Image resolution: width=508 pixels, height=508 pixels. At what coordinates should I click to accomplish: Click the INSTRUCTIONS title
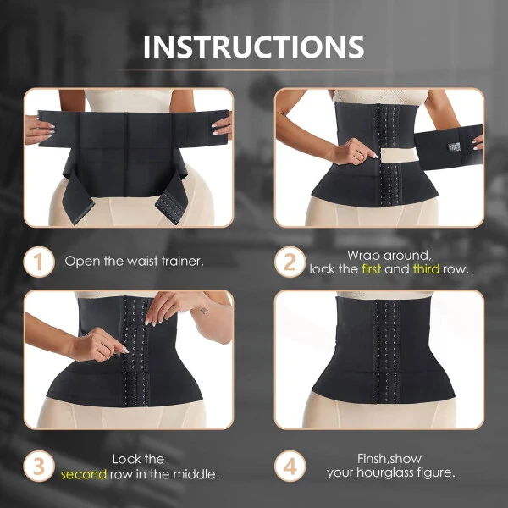(x=254, y=47)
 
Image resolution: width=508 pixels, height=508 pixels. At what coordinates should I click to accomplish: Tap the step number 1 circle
(x=37, y=262)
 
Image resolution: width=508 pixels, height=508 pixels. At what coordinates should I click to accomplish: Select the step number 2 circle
(x=290, y=262)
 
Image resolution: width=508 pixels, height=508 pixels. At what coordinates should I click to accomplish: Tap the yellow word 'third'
(x=426, y=268)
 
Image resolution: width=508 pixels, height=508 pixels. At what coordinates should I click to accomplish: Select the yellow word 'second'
(x=83, y=473)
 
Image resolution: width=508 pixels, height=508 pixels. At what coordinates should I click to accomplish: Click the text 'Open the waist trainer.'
(x=134, y=262)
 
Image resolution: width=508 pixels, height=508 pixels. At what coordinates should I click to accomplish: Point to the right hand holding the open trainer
(x=223, y=125)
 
